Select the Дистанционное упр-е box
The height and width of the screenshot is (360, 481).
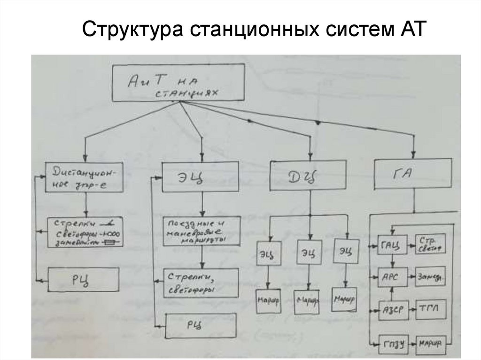tap(85, 177)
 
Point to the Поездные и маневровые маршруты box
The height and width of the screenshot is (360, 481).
tap(201, 231)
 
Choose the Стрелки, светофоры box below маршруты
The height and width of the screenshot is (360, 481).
tap(201, 283)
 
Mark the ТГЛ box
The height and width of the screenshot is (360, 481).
tap(429, 309)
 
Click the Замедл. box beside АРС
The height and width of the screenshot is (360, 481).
tap(429, 277)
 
